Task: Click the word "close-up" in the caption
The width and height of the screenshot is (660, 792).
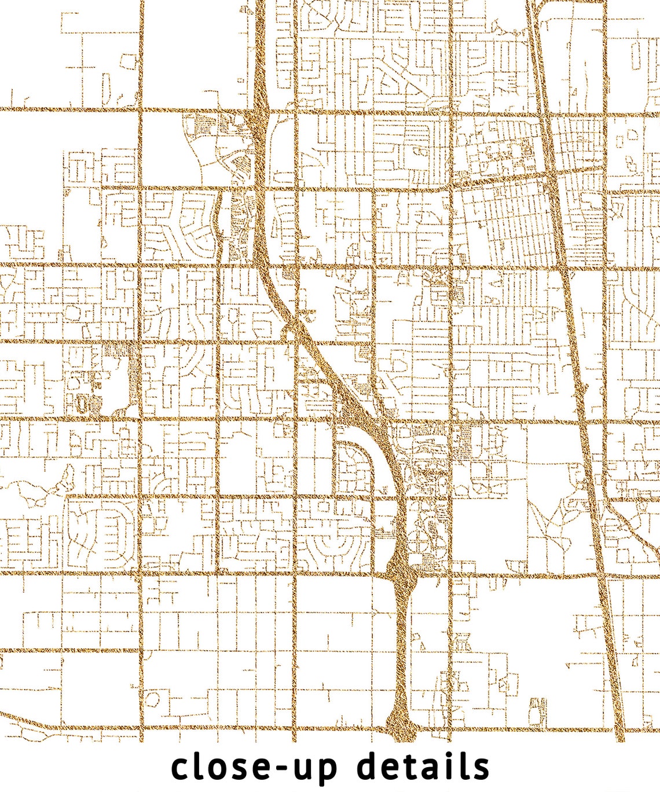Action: coord(255,768)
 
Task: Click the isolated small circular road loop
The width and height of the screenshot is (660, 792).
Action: coord(72,313)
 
